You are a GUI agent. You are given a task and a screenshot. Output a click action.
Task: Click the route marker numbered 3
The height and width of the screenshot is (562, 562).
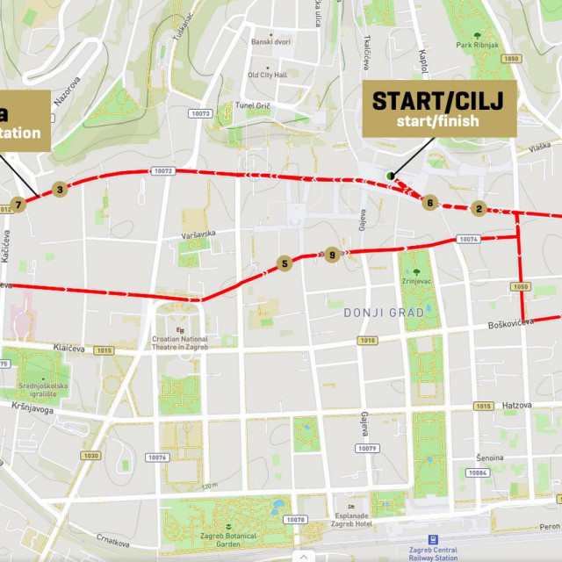pos(60,189)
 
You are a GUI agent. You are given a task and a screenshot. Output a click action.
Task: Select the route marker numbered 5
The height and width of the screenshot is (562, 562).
pos(284,263)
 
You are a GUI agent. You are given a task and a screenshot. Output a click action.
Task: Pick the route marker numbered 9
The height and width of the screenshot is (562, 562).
pos(331,255)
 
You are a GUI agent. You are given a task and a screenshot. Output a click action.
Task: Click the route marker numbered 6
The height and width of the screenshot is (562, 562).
pos(429,203)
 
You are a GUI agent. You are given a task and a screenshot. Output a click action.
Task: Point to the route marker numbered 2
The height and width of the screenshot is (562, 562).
pos(479,208)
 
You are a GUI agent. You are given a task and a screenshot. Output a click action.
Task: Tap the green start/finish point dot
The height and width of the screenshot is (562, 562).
pos(389,176)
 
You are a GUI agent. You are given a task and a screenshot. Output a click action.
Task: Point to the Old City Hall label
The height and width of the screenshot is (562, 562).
pos(267,75)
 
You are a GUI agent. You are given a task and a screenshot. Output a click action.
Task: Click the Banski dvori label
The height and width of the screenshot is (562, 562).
pos(270,41)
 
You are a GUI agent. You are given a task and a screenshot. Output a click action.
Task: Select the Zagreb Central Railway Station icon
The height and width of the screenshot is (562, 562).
pos(434,541)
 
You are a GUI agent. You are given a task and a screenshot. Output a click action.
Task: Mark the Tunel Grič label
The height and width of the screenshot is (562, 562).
pos(252,105)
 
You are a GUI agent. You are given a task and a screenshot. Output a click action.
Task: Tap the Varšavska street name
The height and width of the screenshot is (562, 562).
pos(200,234)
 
